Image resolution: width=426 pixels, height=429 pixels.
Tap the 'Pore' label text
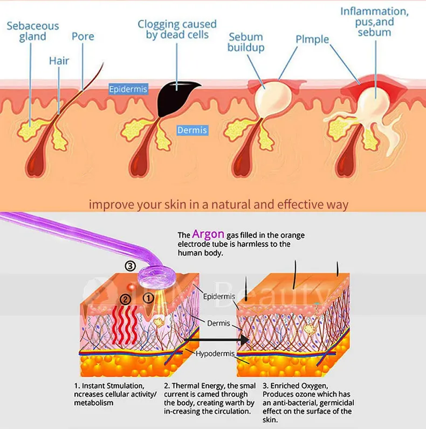(x=83, y=37)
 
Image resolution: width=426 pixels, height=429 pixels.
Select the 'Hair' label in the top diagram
(x=59, y=60)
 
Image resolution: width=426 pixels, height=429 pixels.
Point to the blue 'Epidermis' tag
(x=128, y=89)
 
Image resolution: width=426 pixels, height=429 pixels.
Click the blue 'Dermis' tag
(x=193, y=130)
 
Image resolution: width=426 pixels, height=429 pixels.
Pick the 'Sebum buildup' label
(x=246, y=43)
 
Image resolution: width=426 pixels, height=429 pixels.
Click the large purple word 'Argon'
(x=209, y=234)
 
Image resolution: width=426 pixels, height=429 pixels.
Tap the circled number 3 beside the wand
(x=129, y=266)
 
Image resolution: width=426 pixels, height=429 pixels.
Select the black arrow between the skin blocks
(x=216, y=340)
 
